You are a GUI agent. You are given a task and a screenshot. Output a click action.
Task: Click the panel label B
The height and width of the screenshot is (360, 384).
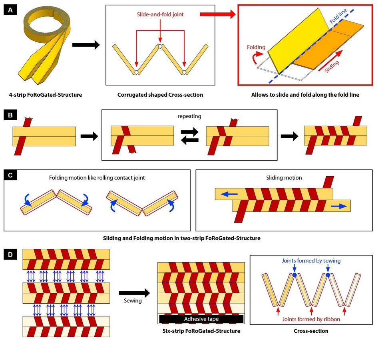[x=10, y=115]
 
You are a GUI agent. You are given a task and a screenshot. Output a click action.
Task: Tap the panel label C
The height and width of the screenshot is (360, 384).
[x=10, y=175]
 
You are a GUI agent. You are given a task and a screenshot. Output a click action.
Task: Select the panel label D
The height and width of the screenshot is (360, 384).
[x=10, y=254]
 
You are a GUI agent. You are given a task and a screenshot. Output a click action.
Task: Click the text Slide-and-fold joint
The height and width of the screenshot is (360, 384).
[x=160, y=15]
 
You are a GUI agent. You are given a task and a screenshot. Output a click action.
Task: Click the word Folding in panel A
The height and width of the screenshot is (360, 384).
[x=256, y=47]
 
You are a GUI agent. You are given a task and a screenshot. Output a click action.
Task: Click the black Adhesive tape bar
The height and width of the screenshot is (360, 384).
[x=201, y=319]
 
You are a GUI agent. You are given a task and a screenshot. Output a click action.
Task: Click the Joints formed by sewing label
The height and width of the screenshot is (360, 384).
[x=311, y=261]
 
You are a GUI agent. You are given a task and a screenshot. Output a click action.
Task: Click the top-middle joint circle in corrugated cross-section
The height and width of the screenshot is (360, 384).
[x=160, y=46]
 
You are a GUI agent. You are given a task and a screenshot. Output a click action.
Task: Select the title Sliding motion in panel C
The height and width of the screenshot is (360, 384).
[x=284, y=178]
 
